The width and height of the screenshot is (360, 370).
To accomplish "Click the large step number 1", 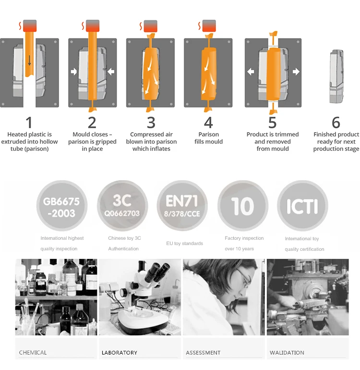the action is [x=29, y=123].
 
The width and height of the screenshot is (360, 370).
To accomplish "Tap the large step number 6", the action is [x=336, y=123].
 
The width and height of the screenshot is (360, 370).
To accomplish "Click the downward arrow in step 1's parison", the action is [x=29, y=61].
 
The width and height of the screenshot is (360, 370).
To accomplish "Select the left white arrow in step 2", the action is [x=74, y=72].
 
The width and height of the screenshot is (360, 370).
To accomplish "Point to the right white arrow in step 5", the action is [x=296, y=72].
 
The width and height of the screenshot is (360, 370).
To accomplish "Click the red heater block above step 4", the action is [x=209, y=26].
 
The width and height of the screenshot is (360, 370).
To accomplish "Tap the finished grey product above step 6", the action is [x=336, y=76].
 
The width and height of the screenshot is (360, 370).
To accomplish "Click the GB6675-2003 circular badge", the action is [x=62, y=206].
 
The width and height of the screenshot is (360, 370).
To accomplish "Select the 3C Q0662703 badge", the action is [x=122, y=206].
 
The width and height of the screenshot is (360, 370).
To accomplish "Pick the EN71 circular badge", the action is [x=182, y=206].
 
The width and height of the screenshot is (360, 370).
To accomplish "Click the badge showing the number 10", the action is [x=243, y=206].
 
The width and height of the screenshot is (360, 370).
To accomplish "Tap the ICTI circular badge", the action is [x=302, y=206].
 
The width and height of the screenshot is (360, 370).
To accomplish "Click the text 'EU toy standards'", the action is [x=185, y=243].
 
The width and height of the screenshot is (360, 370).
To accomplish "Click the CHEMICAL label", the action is [x=33, y=353].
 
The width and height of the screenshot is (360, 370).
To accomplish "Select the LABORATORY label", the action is [x=120, y=353].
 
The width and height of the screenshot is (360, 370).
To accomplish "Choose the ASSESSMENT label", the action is [x=203, y=353].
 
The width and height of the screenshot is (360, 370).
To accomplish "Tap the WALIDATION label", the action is [x=287, y=353].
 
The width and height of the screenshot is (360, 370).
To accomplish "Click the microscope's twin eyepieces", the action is [x=157, y=272].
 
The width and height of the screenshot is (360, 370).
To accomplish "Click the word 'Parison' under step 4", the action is [x=209, y=134].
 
